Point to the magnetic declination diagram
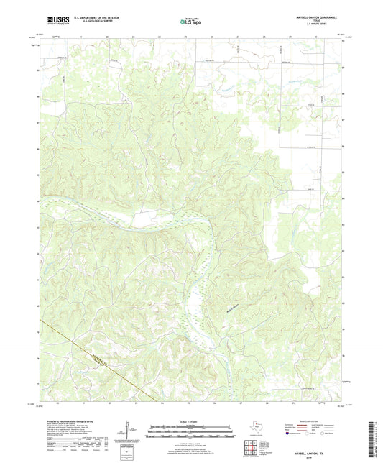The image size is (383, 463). [129, 433]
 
